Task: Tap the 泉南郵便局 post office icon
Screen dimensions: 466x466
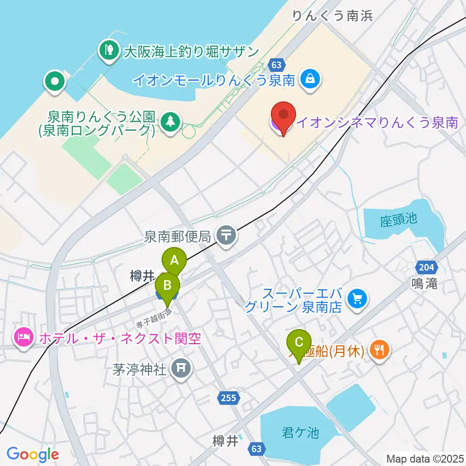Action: pos(226,236)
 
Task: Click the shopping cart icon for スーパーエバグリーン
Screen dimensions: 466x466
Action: pos(358,298)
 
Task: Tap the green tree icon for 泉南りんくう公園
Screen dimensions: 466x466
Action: pos(170,121)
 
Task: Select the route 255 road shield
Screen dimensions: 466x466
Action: pos(228,398)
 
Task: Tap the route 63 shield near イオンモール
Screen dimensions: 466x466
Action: pos(276,64)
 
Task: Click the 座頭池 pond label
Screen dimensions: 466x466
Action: pos(399,219)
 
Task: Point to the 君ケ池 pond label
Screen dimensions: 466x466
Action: pos(300,432)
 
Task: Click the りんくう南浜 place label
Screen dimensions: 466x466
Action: pos(333,16)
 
